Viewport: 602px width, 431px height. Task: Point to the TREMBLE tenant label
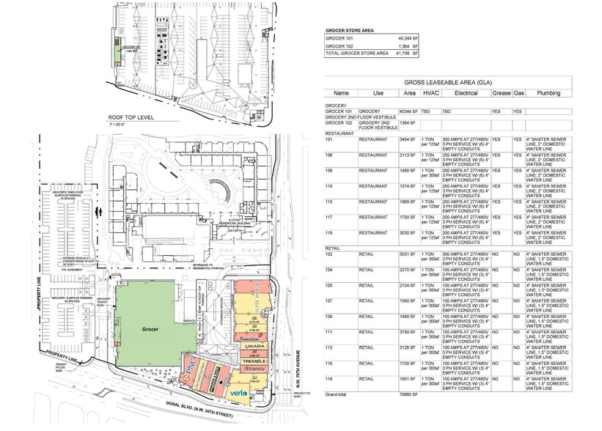254,362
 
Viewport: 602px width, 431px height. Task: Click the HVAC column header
430,94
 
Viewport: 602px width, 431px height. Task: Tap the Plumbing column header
547,94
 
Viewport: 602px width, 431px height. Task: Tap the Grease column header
501,94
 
